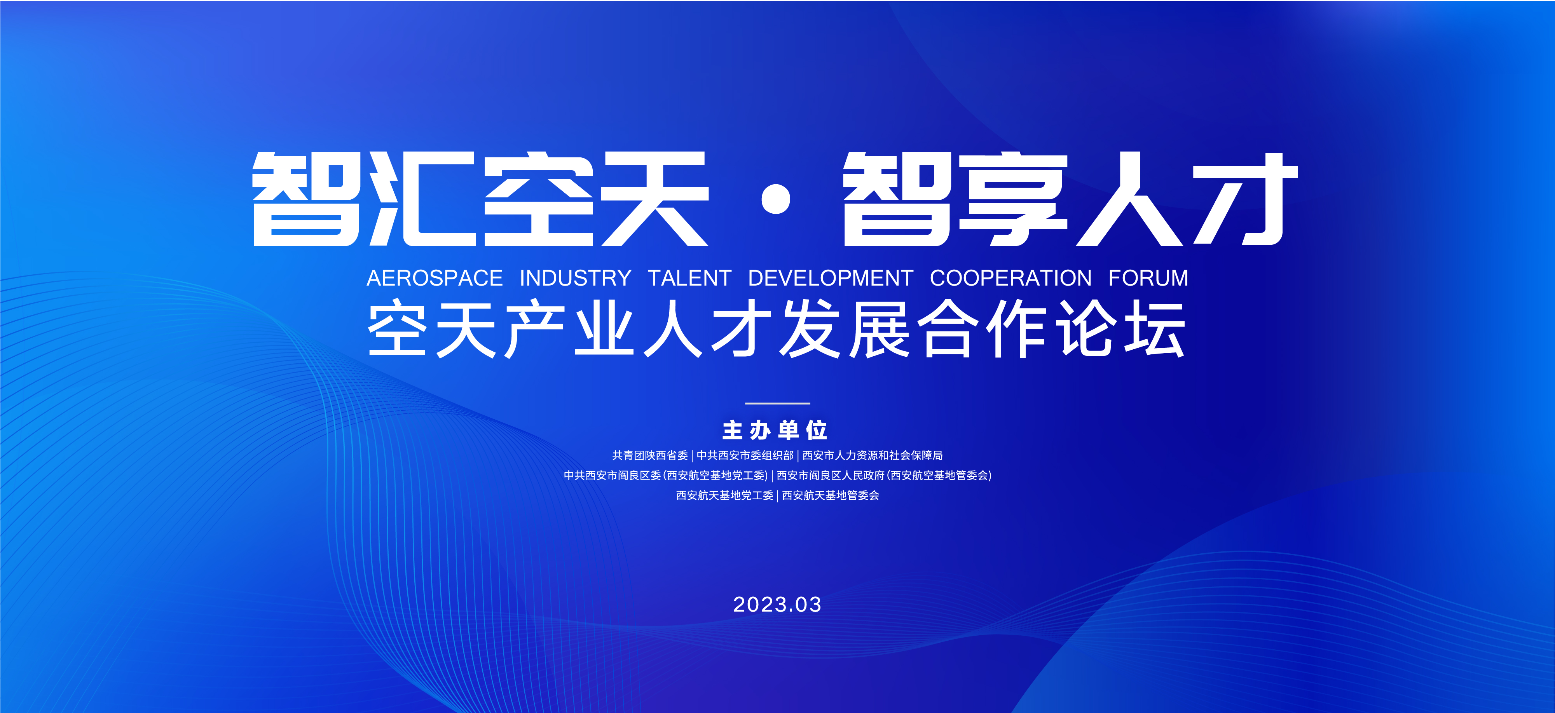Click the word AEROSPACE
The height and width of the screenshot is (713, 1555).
[435, 278]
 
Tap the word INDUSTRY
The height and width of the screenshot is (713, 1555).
[575, 278]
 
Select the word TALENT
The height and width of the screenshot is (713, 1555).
[689, 278]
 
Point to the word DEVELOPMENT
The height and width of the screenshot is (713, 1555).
[831, 278]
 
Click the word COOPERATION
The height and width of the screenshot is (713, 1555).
[1010, 278]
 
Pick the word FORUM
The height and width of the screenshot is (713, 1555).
[1148, 278]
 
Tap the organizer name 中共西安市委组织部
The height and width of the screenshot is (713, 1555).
[745, 455]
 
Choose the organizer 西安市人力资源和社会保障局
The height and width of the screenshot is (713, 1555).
[872, 455]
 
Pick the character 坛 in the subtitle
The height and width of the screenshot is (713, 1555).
[1154, 329]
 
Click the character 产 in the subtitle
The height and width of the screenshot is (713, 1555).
[535, 329]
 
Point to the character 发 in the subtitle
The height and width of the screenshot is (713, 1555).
[810, 329]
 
